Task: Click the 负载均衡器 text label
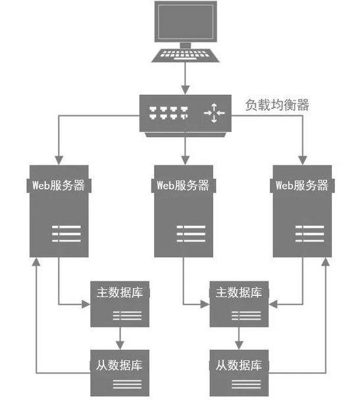pos(278,105)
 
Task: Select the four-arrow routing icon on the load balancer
pos(214,113)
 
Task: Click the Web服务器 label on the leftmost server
pos(59,185)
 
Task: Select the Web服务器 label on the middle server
pos(184,185)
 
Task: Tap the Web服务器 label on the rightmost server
pos(302,185)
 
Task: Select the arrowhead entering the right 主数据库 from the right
pos(272,304)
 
